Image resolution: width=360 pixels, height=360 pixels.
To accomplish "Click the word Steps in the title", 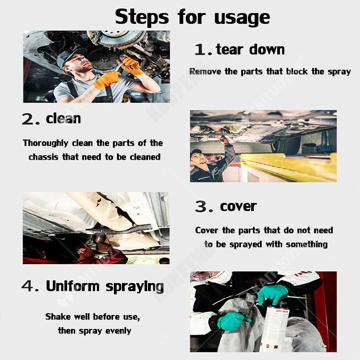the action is point(142,17).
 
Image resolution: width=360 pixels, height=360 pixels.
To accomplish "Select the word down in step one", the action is point(267,49).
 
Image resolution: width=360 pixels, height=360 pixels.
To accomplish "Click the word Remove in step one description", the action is point(205,72).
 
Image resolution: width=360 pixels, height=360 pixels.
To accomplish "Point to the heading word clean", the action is point(63,118).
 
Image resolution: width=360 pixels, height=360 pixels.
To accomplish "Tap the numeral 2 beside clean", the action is point(27,119).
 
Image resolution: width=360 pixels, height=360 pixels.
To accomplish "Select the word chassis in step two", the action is point(43,157).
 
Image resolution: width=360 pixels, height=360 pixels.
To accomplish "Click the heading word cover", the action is point(238,207).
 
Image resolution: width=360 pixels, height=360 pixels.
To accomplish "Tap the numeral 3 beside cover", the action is point(201,207).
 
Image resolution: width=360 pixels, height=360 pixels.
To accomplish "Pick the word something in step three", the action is point(307,244).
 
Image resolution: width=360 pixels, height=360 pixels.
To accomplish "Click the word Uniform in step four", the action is point(72,286).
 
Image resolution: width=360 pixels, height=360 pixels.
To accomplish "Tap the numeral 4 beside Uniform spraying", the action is point(27,286).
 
